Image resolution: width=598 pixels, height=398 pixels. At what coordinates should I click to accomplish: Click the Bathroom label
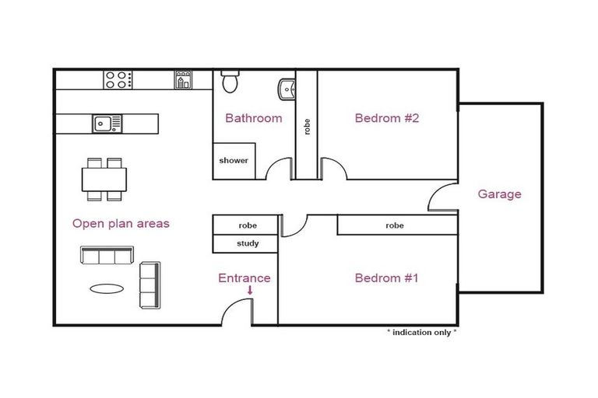click(253, 118)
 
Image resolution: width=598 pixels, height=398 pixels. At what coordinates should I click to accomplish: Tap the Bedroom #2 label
click(387, 118)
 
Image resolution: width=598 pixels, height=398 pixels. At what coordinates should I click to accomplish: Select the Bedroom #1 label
click(387, 278)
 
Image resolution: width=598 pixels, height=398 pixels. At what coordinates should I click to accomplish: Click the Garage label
click(499, 194)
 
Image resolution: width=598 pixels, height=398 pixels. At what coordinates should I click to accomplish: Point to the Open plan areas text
click(121, 223)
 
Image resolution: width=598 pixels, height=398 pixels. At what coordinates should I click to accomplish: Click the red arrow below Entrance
click(250, 292)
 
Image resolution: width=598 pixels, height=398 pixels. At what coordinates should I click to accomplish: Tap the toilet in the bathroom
click(230, 81)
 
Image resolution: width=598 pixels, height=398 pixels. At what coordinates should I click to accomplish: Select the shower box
click(234, 161)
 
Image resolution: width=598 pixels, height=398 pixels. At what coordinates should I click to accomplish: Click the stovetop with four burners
click(118, 79)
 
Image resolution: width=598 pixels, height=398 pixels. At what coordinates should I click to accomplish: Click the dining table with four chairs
click(104, 180)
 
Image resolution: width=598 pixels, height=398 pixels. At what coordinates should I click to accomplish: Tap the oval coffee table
click(106, 288)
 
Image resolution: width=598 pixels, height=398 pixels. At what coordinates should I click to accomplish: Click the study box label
click(246, 244)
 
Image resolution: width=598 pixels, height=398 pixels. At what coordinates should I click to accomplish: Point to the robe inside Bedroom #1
click(396, 225)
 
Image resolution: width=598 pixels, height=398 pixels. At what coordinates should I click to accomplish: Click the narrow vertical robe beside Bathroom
click(307, 124)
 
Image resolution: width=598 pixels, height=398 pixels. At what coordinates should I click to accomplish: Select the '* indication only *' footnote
click(422, 332)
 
